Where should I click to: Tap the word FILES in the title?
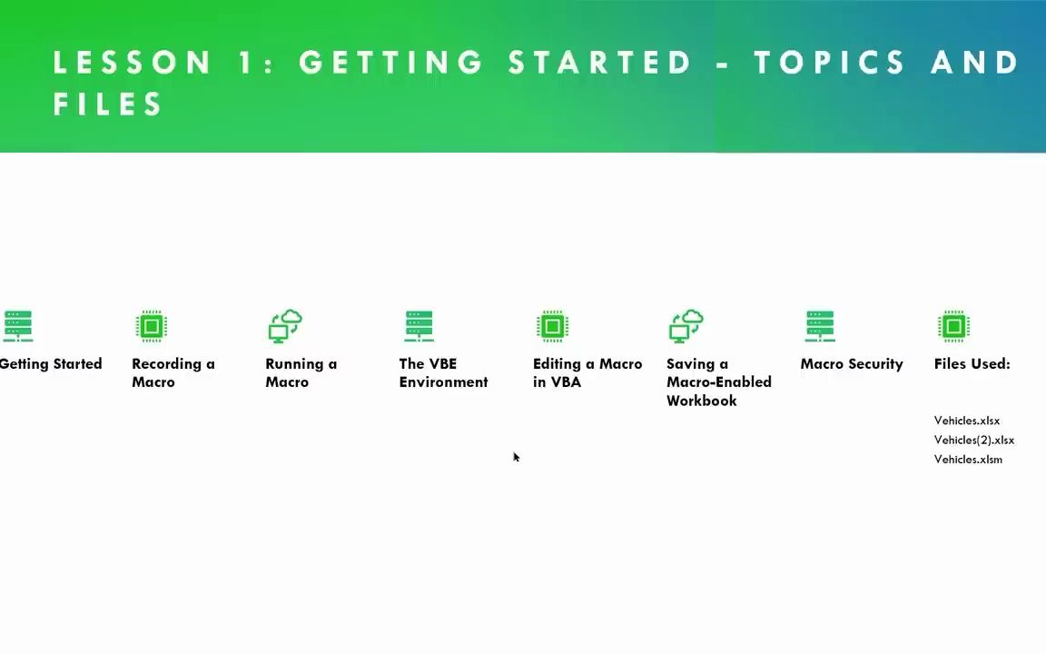[x=107, y=104]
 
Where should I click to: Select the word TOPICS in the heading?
[x=829, y=63]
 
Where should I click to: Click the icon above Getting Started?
[x=18, y=326]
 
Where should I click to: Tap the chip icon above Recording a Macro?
[x=152, y=326]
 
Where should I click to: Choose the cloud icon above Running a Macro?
[x=285, y=326]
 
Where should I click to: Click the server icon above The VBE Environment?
[x=419, y=326]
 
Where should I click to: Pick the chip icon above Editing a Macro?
[x=552, y=326]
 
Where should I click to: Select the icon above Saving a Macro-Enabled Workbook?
[x=686, y=326]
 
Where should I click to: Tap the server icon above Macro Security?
[x=820, y=326]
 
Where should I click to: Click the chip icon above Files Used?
[x=954, y=326]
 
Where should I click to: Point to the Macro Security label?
[x=852, y=364]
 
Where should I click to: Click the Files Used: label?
[x=972, y=363]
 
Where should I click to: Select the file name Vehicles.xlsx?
[x=967, y=421]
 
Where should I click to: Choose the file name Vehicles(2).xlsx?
[x=974, y=440]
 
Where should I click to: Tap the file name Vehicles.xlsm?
[x=968, y=459]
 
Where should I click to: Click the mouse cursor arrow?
[x=517, y=457]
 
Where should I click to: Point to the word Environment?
[x=444, y=382]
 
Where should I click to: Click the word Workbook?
[x=702, y=401]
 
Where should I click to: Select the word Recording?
[x=167, y=364]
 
